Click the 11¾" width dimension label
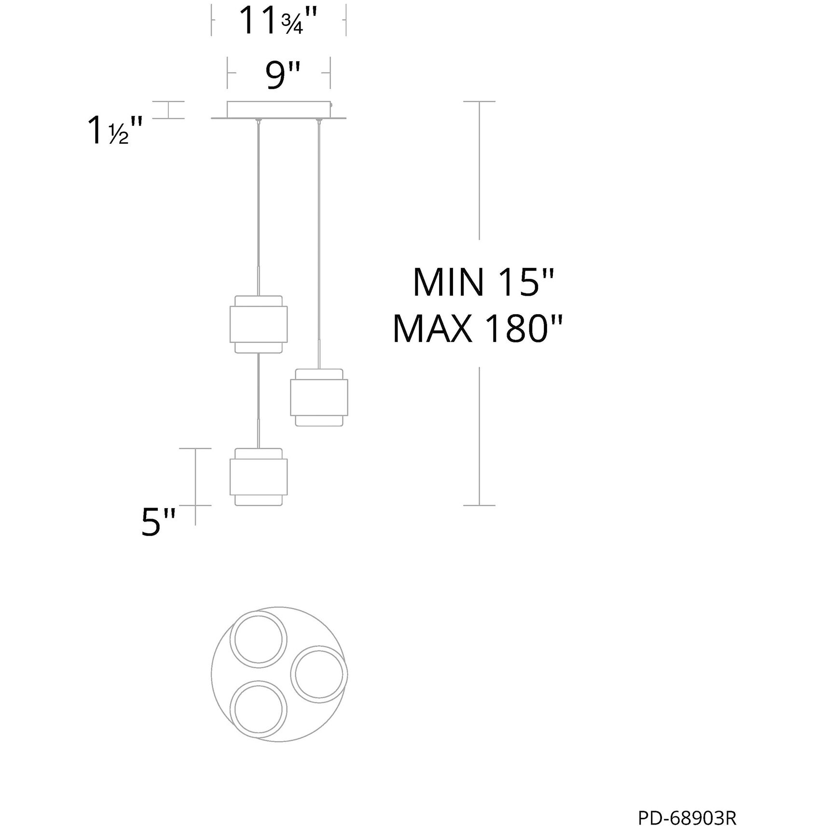[x=278, y=21]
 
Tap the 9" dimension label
[x=283, y=75]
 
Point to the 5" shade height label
[x=158, y=522]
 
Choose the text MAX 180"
[x=478, y=329]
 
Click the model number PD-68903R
[x=687, y=804]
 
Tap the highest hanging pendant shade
[x=259, y=324]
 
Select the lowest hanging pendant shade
[x=259, y=477]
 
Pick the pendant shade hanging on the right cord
[x=319, y=398]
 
